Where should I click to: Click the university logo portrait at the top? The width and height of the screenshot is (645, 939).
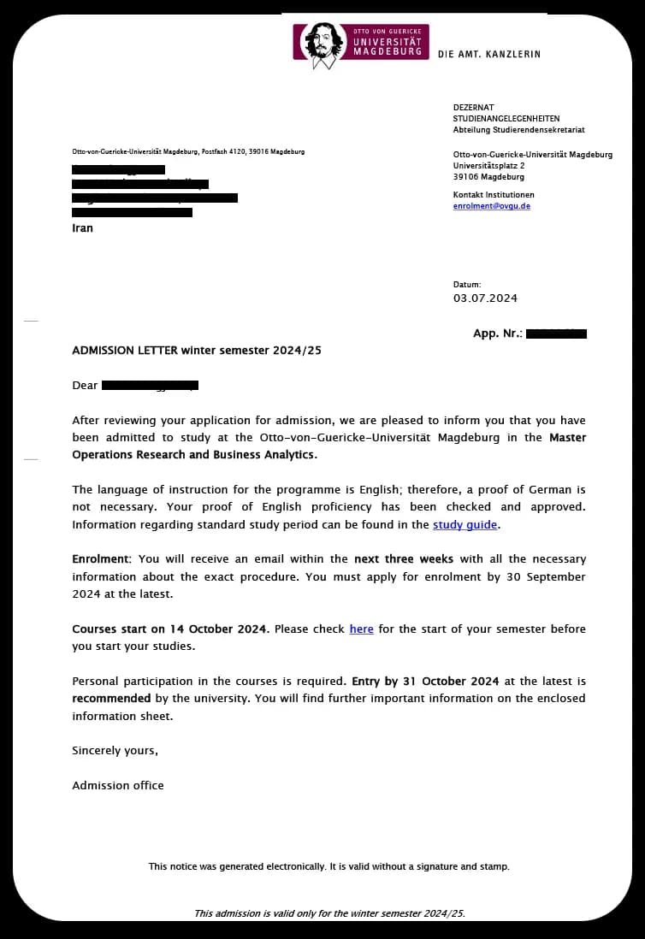click(x=320, y=43)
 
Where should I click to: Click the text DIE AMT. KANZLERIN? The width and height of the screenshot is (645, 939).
click(x=488, y=54)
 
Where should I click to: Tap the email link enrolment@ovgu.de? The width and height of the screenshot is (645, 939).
click(x=491, y=206)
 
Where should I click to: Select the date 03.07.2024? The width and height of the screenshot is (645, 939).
click(x=485, y=298)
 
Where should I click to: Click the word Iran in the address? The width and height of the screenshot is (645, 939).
click(x=82, y=228)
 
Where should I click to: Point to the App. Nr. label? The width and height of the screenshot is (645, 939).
click(x=497, y=334)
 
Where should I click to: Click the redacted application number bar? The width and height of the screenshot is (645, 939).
click(x=556, y=334)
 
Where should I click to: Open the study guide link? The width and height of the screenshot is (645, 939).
click(x=465, y=525)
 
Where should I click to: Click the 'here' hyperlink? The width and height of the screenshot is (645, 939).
click(x=361, y=629)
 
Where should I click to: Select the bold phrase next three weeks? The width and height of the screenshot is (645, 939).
click(x=404, y=558)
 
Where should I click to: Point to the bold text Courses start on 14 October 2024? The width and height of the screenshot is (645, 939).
click(x=170, y=629)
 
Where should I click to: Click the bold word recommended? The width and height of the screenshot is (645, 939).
click(x=111, y=698)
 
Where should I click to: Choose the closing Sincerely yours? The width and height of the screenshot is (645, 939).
click(x=115, y=750)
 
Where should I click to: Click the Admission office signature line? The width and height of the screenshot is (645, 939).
click(x=117, y=785)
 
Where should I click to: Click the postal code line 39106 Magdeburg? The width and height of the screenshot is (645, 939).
click(x=488, y=177)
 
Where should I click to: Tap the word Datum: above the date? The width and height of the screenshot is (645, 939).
click(x=467, y=284)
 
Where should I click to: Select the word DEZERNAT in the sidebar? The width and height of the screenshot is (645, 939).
click(x=474, y=107)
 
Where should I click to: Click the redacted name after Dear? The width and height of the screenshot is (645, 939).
click(x=150, y=386)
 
